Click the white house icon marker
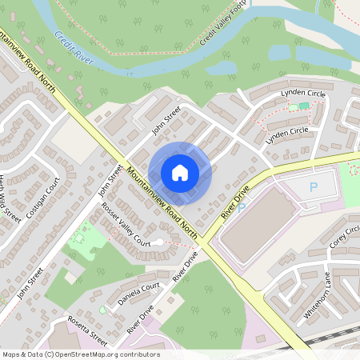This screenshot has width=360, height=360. click(180, 172)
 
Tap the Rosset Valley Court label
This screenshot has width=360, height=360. click(126, 225)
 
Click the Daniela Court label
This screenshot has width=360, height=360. click(139, 291)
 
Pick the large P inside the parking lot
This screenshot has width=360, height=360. click(314, 187)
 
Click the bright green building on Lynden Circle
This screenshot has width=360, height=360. click(304, 106)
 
